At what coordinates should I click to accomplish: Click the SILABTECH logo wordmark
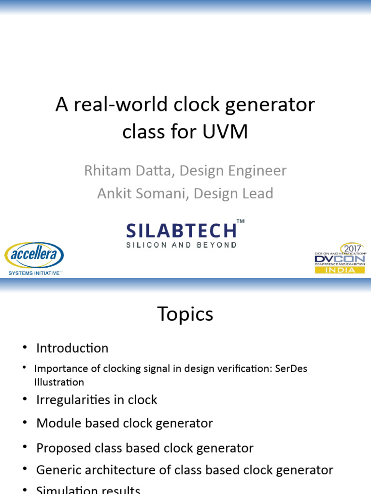pos(182,230)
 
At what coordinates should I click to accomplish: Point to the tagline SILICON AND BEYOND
pos(182,245)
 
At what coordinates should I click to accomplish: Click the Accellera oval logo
pos(34,256)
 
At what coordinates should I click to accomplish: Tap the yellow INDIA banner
pos(340,270)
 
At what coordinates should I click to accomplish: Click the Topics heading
pos(185,315)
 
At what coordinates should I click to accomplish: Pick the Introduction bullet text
pos(72,348)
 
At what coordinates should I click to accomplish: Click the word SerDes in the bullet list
pos(290,369)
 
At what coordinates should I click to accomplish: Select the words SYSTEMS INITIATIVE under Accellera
pos(34,273)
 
